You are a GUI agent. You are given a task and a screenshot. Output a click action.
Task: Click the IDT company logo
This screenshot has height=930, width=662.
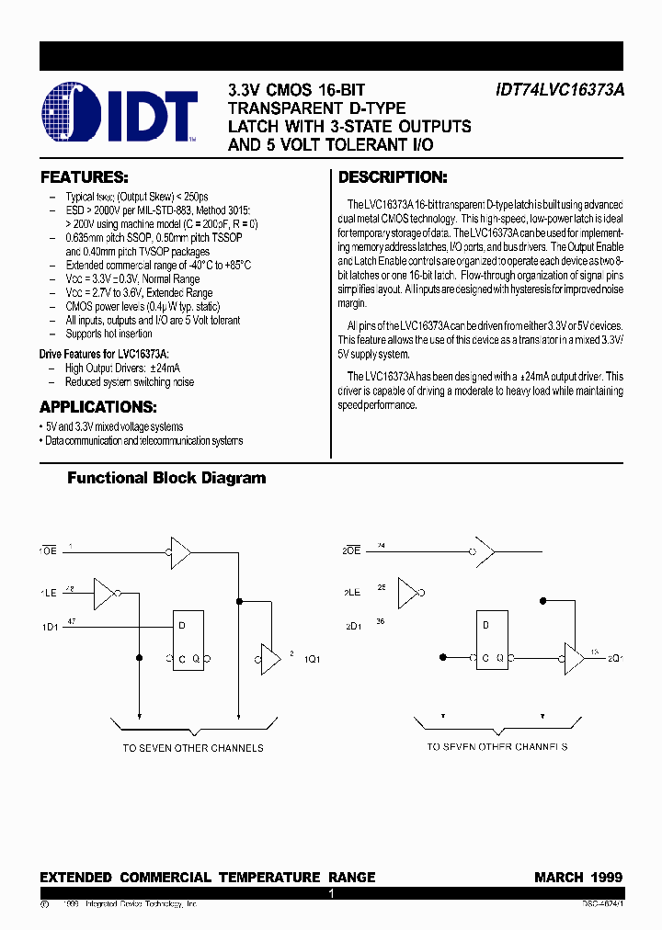coord(120,114)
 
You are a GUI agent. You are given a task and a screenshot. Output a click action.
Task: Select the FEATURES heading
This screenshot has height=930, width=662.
coord(84,177)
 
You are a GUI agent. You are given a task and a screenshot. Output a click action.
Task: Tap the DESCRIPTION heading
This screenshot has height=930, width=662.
coord(393,177)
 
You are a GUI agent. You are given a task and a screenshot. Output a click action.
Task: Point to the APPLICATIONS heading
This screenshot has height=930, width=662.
coord(98,407)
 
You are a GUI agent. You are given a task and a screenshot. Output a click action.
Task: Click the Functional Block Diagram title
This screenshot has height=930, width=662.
coord(166,478)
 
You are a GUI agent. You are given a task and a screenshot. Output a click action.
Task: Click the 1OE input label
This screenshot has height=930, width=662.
coord(48,550)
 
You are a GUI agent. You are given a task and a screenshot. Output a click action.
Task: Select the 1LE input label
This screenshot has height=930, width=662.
coord(48,594)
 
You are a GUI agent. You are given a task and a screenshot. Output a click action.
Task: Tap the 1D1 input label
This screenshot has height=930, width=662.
coord(49,628)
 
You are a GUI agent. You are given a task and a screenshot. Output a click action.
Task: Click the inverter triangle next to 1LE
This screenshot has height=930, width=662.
coord(105,595)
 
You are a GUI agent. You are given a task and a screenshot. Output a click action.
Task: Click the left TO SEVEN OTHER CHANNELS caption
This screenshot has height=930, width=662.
coord(193,748)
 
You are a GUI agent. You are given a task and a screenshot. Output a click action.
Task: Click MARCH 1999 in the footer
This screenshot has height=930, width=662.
coord(578,878)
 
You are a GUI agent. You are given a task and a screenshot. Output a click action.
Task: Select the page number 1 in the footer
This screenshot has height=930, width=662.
coord(331,892)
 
